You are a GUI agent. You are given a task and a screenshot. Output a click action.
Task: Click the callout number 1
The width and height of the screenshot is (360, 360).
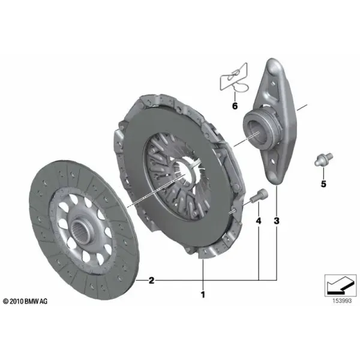click(203, 295)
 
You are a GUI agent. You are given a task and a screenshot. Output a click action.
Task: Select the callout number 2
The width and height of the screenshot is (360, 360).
click(151, 280)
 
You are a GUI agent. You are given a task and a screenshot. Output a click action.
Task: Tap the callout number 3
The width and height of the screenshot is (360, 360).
click(277, 221)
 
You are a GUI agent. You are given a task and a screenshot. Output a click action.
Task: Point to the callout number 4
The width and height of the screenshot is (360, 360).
click(259, 221)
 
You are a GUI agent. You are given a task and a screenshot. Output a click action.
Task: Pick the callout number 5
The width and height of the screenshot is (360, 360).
click(323, 184)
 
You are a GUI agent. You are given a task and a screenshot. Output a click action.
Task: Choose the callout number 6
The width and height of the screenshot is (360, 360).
click(235, 106)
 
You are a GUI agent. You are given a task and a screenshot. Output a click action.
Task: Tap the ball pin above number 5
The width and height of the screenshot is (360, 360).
click(323, 160)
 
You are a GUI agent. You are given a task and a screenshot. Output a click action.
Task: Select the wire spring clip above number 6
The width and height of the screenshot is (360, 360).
click(234, 77)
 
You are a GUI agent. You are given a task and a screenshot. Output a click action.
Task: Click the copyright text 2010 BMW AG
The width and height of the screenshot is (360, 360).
click(25, 301)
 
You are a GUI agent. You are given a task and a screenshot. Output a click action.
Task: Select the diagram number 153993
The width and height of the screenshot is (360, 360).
click(342, 301)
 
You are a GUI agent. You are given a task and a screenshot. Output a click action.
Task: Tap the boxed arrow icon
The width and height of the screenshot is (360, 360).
click(340, 286)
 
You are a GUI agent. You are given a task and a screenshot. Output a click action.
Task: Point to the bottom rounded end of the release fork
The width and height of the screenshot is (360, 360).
click(273, 177)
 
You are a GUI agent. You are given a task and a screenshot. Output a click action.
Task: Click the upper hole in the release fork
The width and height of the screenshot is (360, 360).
click(272, 83)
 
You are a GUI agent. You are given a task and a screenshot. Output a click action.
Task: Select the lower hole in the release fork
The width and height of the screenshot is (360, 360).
click(272, 161)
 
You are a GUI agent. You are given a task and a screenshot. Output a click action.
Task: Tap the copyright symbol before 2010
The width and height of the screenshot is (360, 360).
click(6, 301)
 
